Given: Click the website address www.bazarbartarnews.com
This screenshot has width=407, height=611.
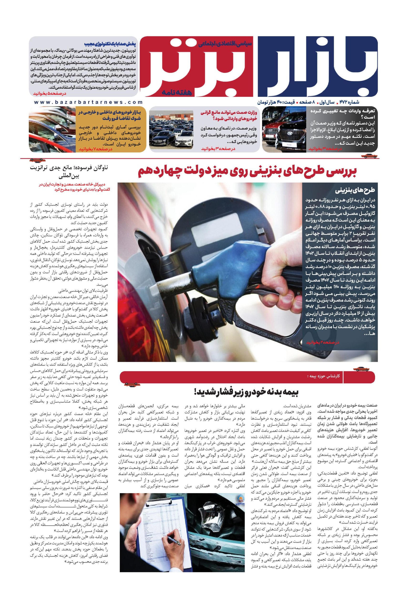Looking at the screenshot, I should (88, 102).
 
